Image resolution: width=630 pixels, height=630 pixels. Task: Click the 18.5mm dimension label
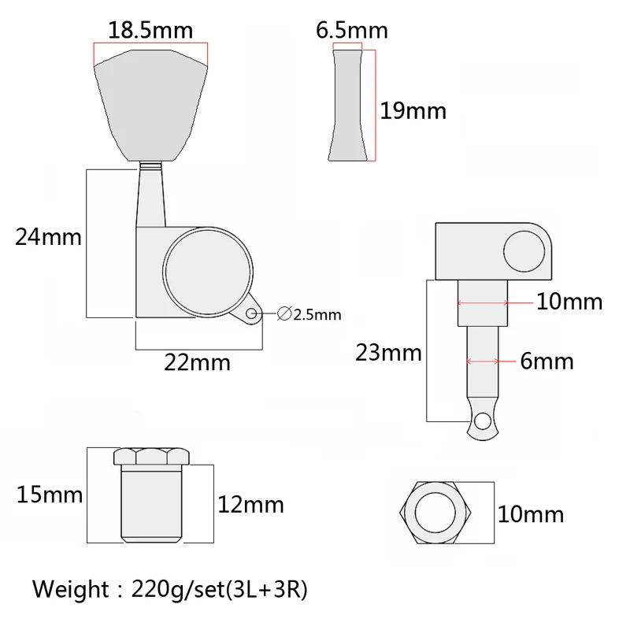click(150, 31)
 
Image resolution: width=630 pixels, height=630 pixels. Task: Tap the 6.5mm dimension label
click(352, 31)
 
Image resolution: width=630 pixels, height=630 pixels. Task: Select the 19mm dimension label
click(413, 111)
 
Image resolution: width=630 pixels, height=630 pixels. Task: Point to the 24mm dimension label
click(48, 237)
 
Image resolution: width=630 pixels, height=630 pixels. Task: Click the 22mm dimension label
click(198, 362)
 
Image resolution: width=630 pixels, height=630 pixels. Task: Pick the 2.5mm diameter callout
click(309, 314)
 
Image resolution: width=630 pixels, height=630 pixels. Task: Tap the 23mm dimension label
click(388, 353)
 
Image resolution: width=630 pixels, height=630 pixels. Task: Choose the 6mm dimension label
click(547, 361)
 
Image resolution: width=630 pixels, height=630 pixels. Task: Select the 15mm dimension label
click(50, 495)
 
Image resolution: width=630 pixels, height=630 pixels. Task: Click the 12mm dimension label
click(250, 505)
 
